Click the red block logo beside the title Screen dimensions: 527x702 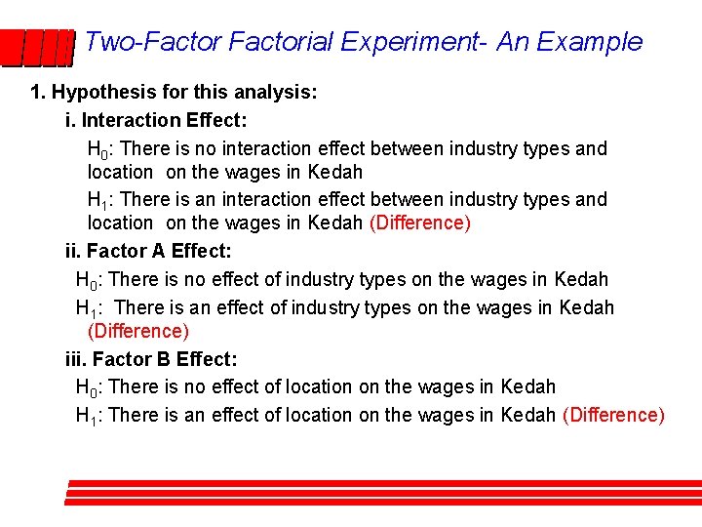click(x=37, y=46)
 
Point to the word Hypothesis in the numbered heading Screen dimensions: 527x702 click(x=101, y=94)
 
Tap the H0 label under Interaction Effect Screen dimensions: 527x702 click(x=97, y=150)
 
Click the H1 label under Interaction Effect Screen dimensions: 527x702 click(x=97, y=200)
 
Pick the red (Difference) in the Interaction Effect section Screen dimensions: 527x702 click(x=420, y=223)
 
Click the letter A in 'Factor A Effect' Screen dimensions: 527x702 click(x=157, y=251)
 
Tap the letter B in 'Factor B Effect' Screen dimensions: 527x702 click(x=158, y=359)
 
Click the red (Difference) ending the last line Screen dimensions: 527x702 click(x=614, y=415)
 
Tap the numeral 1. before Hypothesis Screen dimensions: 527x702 click(x=38, y=94)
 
